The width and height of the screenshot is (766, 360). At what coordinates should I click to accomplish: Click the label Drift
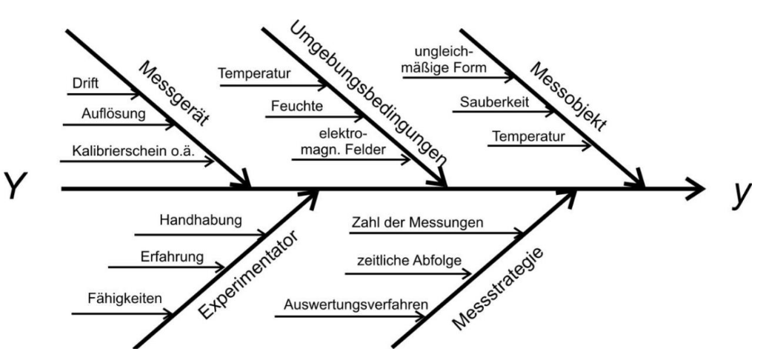pyautogui.click(x=87, y=83)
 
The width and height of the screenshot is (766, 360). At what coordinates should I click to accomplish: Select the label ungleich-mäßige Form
pyautogui.click(x=450, y=61)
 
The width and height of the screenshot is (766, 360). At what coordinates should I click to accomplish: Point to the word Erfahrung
pyautogui.click(x=170, y=257)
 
